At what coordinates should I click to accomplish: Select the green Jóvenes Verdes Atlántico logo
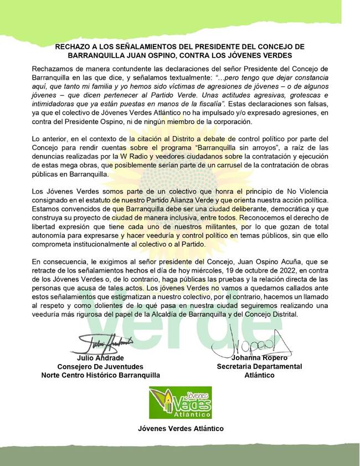180,403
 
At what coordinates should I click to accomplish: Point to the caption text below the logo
181,428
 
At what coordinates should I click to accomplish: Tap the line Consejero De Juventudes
100,367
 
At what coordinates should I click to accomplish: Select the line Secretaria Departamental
259,367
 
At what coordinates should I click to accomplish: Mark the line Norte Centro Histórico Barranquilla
101,375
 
